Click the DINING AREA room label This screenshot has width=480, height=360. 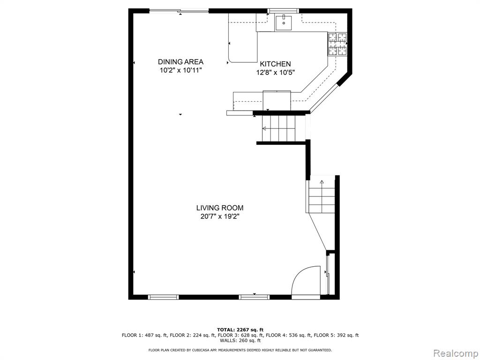point(180,62)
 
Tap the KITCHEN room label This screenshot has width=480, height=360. point(275,64)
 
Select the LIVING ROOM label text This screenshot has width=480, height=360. point(220,208)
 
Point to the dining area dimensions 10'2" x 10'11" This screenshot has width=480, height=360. point(180,70)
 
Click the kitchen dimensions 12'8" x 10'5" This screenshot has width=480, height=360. point(275,73)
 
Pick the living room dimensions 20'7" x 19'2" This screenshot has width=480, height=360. point(220,217)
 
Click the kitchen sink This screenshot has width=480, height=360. point(284,22)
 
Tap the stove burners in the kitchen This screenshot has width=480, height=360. point(337,44)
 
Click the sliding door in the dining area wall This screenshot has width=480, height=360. point(179,11)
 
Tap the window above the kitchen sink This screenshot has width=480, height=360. point(283,11)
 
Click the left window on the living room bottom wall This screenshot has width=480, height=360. point(163,297)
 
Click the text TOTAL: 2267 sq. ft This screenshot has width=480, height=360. point(240,330)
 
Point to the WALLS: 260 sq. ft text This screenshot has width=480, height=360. point(240,340)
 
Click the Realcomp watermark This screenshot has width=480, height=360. point(455,353)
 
